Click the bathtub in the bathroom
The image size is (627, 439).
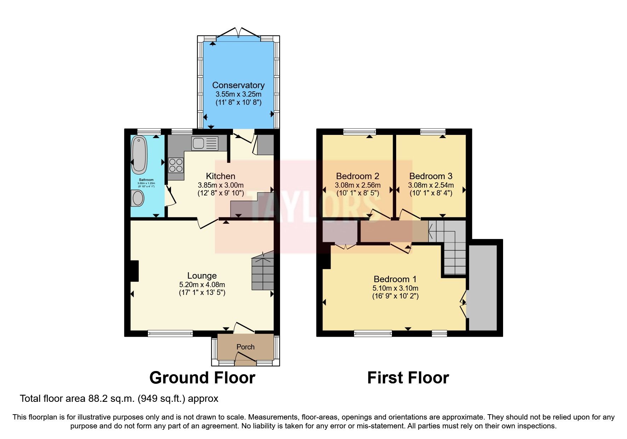[x=139, y=155]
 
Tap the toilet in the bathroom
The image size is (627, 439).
[x=137, y=198]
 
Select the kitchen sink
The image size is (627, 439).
[x=204, y=143]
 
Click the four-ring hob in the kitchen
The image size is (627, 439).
[x=176, y=165]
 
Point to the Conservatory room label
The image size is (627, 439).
[x=238, y=85]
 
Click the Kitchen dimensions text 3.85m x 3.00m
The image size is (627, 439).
[x=221, y=185]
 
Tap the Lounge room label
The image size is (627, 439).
[x=202, y=275]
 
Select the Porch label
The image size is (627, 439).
[x=245, y=347]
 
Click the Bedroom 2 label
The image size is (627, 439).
[x=358, y=176]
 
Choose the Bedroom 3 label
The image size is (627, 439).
[x=431, y=176]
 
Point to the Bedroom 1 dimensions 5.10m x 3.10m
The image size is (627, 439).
[x=395, y=288]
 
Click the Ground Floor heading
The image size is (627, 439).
[x=202, y=378]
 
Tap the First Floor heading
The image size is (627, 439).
[x=408, y=378]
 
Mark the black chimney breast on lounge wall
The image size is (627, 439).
[x=134, y=271]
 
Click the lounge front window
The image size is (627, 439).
[x=170, y=333]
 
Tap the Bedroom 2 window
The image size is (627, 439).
[x=359, y=132]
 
